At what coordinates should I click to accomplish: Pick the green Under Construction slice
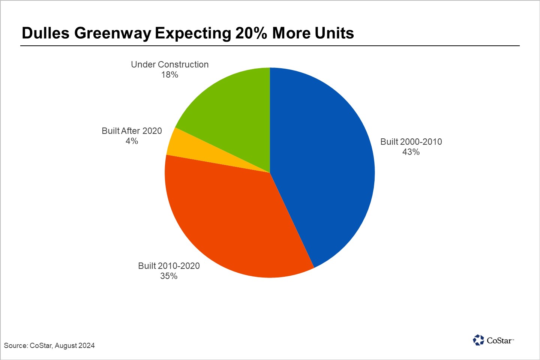232,112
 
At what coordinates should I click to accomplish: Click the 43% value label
411,152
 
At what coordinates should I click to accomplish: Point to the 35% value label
169,276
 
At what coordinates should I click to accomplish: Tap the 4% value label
132,141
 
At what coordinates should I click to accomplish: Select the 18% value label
169,75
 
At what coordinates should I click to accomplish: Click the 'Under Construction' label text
169,64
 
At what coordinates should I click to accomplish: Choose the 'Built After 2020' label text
132,131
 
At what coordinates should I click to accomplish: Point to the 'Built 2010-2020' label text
169,266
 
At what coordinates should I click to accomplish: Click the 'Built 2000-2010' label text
411,142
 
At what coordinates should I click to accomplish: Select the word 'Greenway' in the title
112,34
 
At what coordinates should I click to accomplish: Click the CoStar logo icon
478,340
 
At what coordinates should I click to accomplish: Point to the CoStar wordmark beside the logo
499,340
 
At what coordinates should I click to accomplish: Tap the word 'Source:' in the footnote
16,345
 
